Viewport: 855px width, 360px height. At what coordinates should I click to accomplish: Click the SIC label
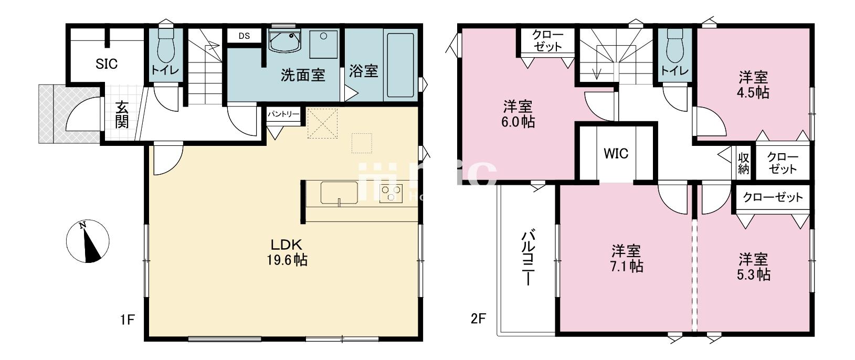[x=107, y=64]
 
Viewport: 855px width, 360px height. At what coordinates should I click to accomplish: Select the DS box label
[x=244, y=36]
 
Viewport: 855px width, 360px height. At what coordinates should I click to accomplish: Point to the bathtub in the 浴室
[x=401, y=66]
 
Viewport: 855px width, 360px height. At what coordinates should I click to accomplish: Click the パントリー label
[x=283, y=114]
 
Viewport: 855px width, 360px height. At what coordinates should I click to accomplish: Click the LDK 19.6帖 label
[x=286, y=252]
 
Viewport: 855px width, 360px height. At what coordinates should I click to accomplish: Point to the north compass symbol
[x=88, y=242]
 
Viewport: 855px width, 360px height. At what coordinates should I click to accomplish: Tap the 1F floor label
[x=128, y=319]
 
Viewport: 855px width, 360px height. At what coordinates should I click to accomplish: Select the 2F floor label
[x=477, y=319]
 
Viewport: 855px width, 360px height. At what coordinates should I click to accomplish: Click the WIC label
[x=616, y=154]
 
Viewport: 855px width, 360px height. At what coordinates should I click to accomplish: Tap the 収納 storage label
[x=744, y=163]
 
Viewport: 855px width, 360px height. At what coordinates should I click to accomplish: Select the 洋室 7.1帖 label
[x=626, y=258]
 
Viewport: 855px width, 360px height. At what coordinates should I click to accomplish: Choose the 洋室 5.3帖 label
[x=754, y=267]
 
